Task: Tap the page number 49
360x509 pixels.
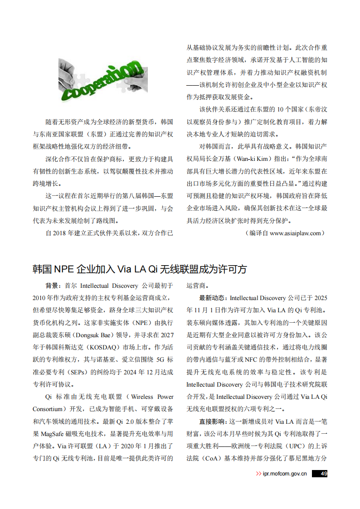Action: pyautogui.click(x=324, y=474)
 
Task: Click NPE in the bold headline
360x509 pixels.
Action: pyautogui.click(x=64, y=269)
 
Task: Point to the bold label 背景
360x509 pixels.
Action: pyautogui.click(x=52, y=286)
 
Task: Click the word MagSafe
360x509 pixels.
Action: pyautogui.click(x=56, y=433)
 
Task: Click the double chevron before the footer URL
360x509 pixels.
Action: pyautogui.click(x=258, y=474)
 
